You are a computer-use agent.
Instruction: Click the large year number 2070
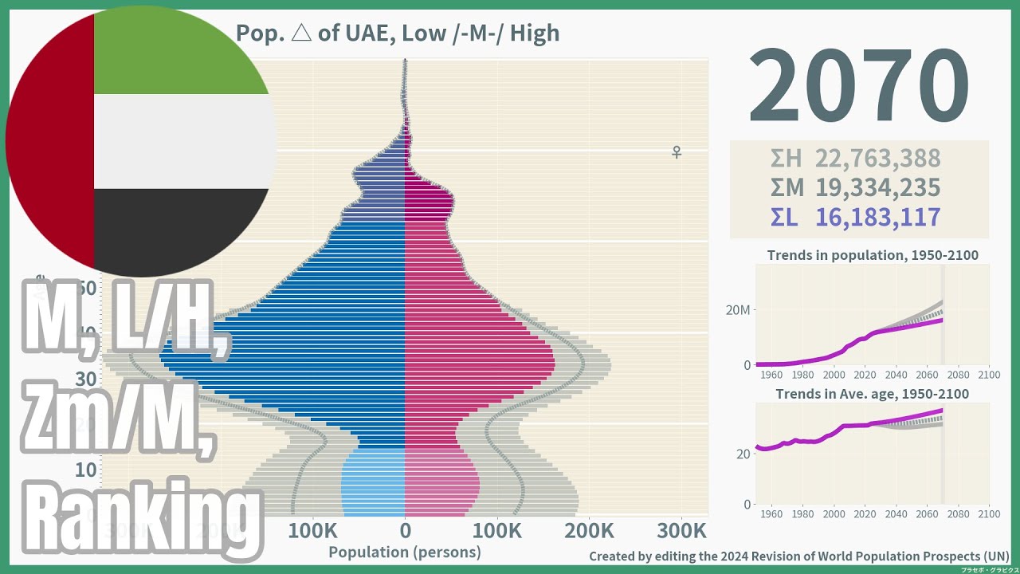coord(858,86)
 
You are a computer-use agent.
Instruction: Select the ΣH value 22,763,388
coord(877,159)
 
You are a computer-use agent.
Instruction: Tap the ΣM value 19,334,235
coord(877,188)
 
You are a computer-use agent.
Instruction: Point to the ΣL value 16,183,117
coord(877,218)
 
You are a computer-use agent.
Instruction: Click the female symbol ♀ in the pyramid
coord(677,151)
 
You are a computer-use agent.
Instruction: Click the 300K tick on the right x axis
coord(682,531)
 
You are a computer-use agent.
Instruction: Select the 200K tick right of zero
coord(590,531)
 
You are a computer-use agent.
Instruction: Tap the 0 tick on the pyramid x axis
coord(405,531)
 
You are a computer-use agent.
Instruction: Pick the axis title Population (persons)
coord(405,552)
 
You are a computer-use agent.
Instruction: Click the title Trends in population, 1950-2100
coord(873,256)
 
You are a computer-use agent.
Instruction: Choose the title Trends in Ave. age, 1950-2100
coord(873,395)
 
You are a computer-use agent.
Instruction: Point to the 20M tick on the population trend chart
coord(737,310)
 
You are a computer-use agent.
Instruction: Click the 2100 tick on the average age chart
coord(988,514)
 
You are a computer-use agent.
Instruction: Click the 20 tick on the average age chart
coord(742,454)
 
